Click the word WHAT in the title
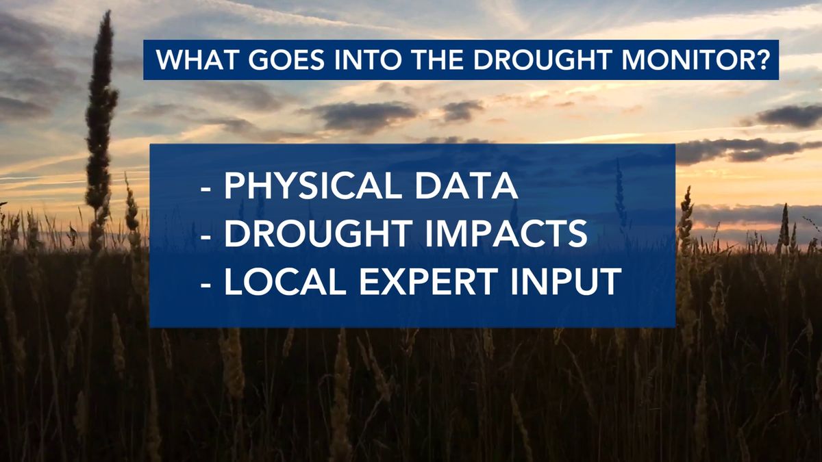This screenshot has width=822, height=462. pyautogui.click(x=197, y=60)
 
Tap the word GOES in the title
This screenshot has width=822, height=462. pyautogui.click(x=286, y=60)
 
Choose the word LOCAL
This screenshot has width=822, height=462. pyautogui.click(x=285, y=281)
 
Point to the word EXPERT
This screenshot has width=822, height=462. pyautogui.click(x=428, y=281)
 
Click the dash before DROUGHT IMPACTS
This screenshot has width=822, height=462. pyautogui.click(x=206, y=238)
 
